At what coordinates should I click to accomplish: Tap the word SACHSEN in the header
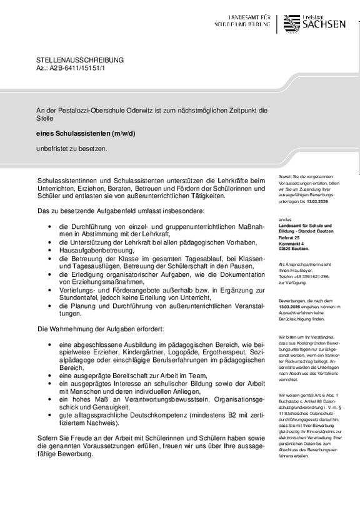point(324,25)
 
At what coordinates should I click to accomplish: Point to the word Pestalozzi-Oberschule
point(89,110)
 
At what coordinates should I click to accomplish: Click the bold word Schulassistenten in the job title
point(79,133)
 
